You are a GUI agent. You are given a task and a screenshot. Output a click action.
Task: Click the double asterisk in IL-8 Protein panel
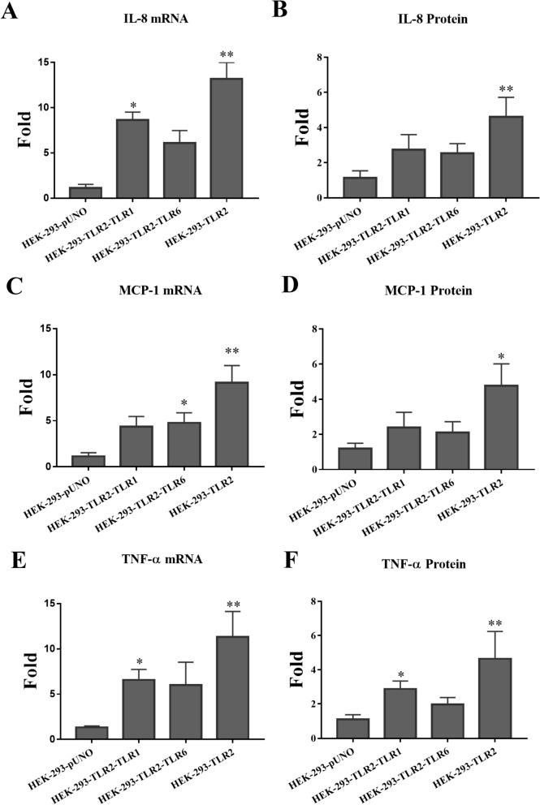pos(506,89)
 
